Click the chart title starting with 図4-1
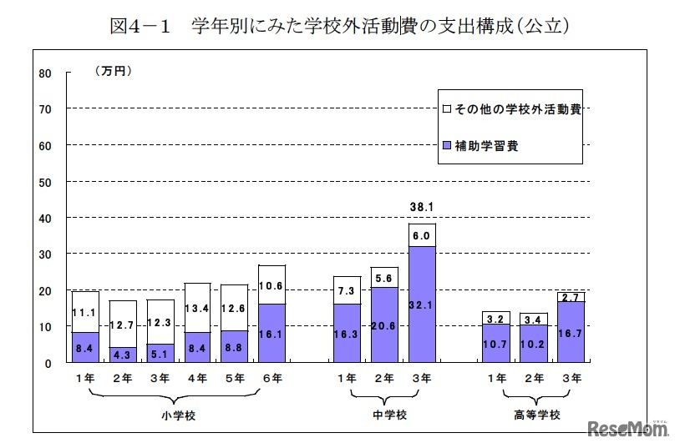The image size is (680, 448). tap(340, 26)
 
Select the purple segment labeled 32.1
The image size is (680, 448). tap(422, 305)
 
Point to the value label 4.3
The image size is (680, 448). tap(123, 354)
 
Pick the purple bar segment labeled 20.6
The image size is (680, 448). tap(384, 325)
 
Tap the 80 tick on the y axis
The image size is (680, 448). tap(45, 73)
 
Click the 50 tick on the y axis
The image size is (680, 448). tap(45, 182)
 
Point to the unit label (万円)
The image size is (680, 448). tap(112, 71)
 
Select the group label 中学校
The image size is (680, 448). tap(385, 415)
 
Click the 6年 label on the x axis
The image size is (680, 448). tap(273, 378)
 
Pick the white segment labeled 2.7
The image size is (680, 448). tap(571, 296)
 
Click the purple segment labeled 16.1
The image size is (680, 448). tap(272, 333)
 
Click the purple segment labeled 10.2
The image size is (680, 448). tap(533, 344)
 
